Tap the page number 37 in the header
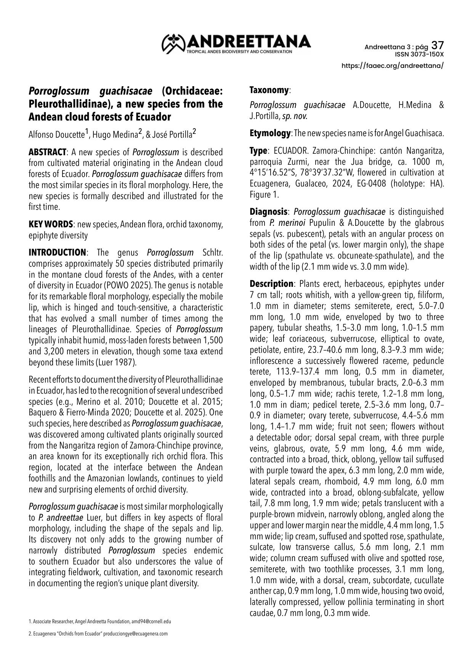pyautogui.click(x=437, y=46)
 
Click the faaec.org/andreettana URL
pyautogui.click(x=393, y=66)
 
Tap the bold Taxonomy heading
pyautogui.click(x=269, y=90)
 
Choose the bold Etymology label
pyautogui.click(x=270, y=133)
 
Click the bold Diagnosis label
pyautogui.click(x=268, y=212)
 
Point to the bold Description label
pyautogui.click(x=271, y=284)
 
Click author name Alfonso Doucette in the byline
pyautogui.click(x=56, y=134)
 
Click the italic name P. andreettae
pyautogui.click(x=61, y=518)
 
